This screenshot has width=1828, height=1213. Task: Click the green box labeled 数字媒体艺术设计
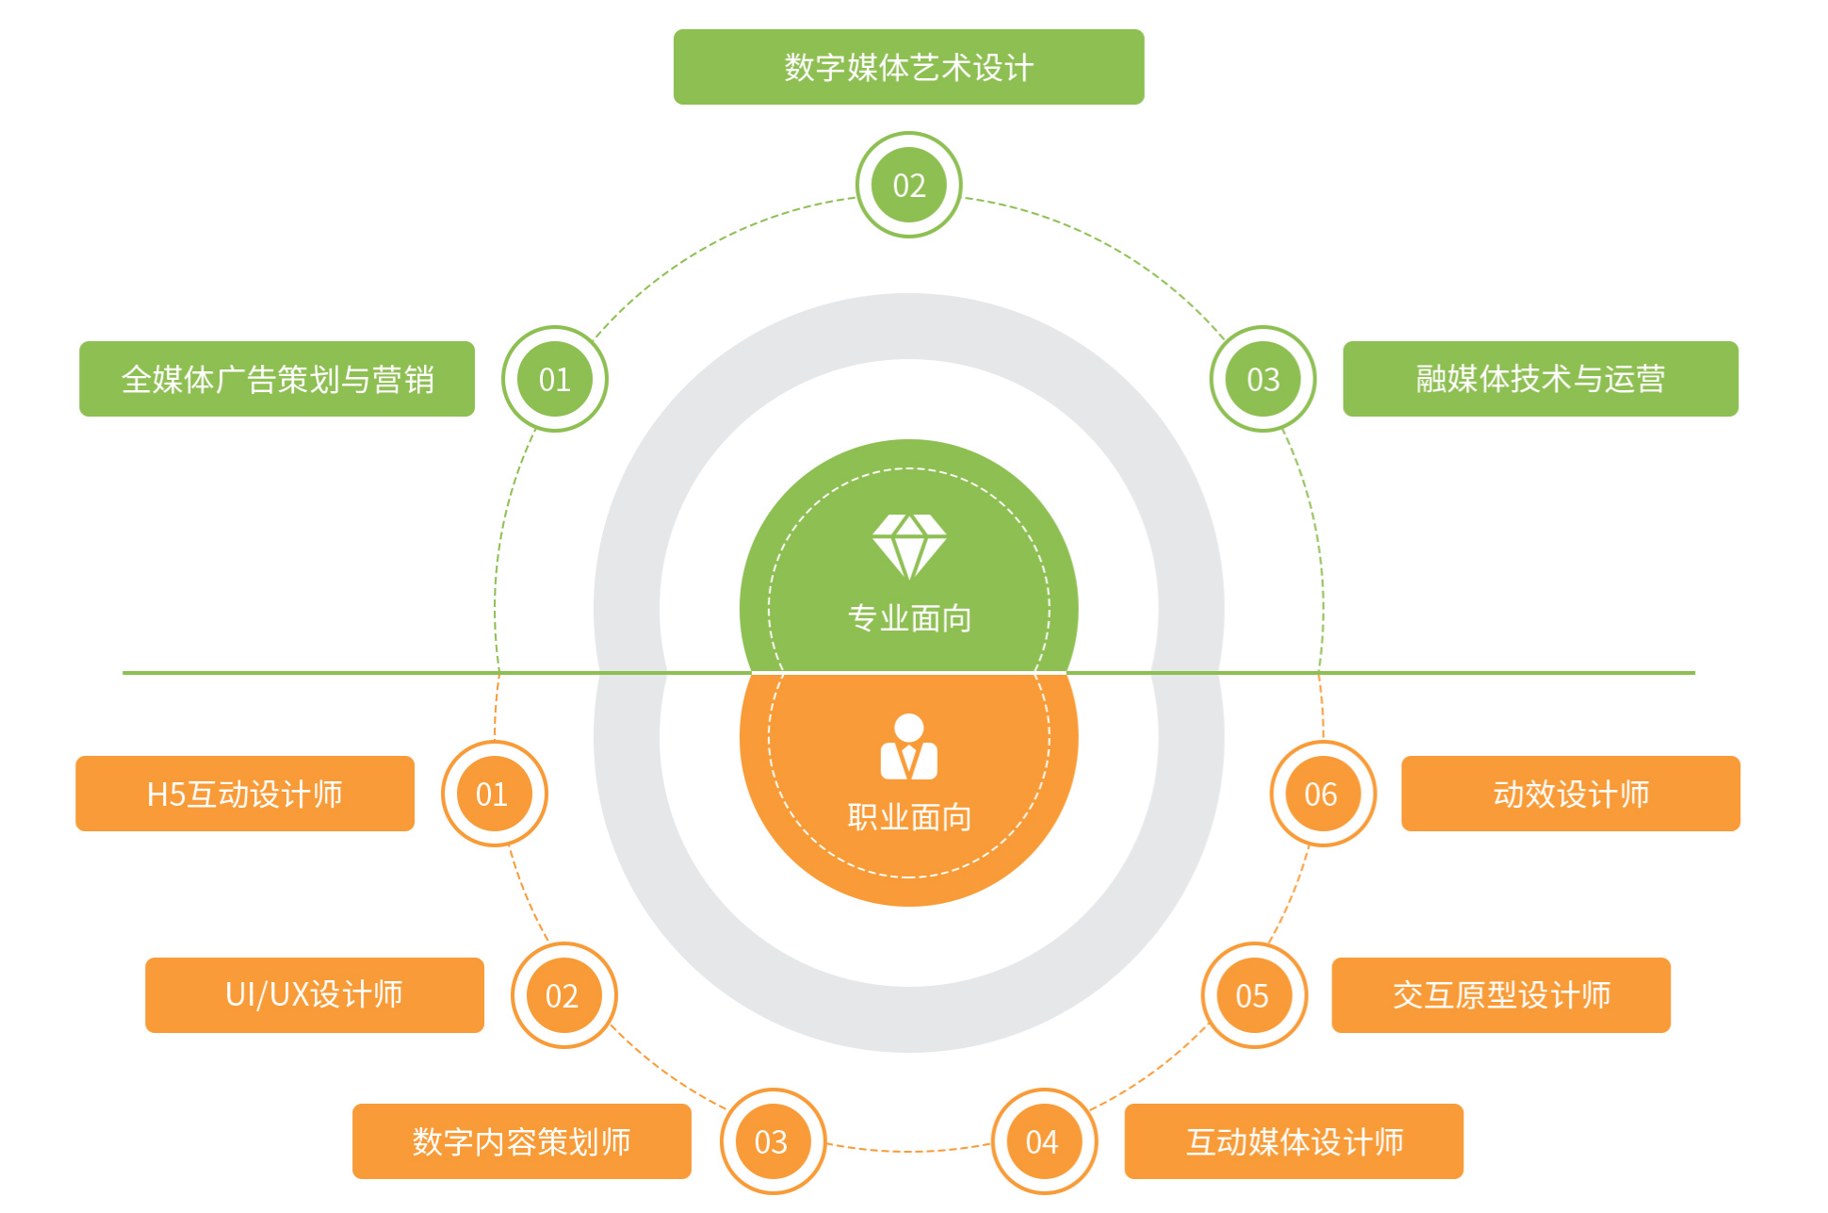(908, 67)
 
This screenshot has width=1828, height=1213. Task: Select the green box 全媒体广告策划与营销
(277, 379)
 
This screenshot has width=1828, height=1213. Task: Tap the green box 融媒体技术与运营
(1540, 379)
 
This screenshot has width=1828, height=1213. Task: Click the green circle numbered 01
(554, 379)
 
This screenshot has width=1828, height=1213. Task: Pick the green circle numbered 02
(908, 185)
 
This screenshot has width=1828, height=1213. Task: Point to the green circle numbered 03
(1263, 379)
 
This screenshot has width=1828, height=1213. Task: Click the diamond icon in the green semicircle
(908, 546)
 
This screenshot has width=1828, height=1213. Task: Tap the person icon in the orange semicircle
(908, 747)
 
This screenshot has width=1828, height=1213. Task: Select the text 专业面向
(908, 618)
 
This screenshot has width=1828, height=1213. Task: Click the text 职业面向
(908, 817)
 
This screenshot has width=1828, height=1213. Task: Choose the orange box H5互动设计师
(245, 794)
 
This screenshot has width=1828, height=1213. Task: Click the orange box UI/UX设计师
(315, 995)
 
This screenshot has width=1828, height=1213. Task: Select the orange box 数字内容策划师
(521, 1141)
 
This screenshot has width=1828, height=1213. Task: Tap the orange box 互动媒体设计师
(1294, 1141)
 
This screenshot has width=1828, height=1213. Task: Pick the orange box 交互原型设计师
(1501, 995)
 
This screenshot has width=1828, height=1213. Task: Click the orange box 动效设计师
(1571, 794)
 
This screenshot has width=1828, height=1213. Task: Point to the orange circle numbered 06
(1322, 794)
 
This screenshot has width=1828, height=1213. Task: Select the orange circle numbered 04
(1043, 1141)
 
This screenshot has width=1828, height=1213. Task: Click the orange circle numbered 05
(1253, 995)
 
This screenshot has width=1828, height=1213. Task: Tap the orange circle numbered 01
(494, 794)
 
